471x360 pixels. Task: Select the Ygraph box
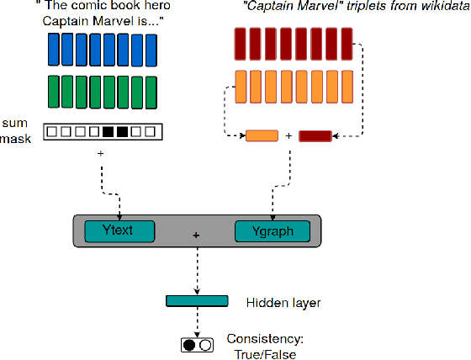tap(273, 230)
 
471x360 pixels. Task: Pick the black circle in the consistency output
tap(189, 344)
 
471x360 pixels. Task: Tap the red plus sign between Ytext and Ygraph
tap(197, 236)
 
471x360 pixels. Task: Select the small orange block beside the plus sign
tap(261, 135)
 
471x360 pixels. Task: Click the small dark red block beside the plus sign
tap(315, 135)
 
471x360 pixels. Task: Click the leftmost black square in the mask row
tap(107, 132)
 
